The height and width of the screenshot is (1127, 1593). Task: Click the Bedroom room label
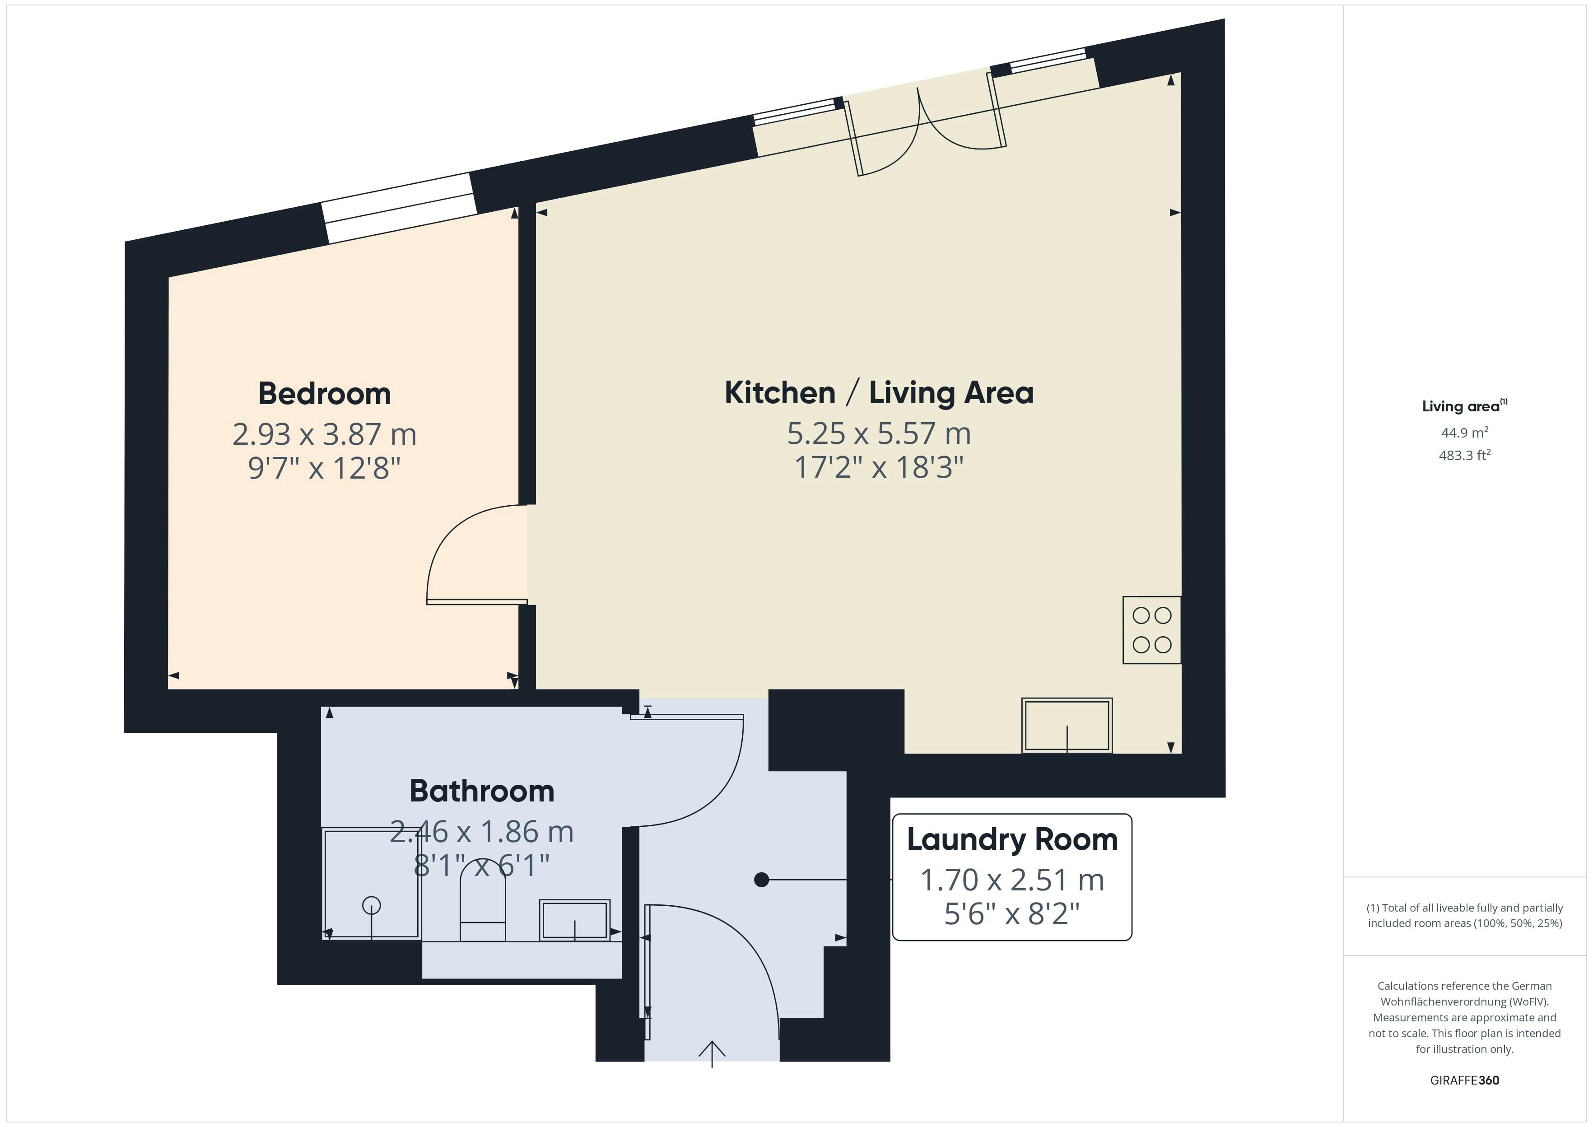(x=325, y=393)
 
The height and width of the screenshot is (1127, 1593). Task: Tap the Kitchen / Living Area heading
(x=879, y=393)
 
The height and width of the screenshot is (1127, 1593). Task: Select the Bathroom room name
(x=482, y=791)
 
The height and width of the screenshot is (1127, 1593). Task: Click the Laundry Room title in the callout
(x=1012, y=840)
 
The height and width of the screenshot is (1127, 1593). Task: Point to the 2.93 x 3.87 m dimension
(x=325, y=434)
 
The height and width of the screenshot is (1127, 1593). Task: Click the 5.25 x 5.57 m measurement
(x=879, y=434)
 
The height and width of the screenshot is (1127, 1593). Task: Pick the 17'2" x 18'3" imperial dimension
(x=879, y=467)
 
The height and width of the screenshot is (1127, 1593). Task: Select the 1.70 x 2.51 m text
(x=1012, y=880)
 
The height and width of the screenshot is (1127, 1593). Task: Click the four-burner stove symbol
(x=1152, y=630)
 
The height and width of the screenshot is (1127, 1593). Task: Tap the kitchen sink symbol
(x=1067, y=725)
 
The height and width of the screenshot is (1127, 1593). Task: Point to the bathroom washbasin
(x=575, y=920)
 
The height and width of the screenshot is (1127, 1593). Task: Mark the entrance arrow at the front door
(x=712, y=1053)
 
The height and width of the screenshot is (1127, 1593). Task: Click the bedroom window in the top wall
(x=399, y=208)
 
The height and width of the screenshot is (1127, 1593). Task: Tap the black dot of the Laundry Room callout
(x=761, y=880)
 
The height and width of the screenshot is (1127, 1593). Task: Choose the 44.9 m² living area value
(x=1465, y=433)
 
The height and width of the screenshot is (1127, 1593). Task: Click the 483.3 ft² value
(x=1465, y=455)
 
